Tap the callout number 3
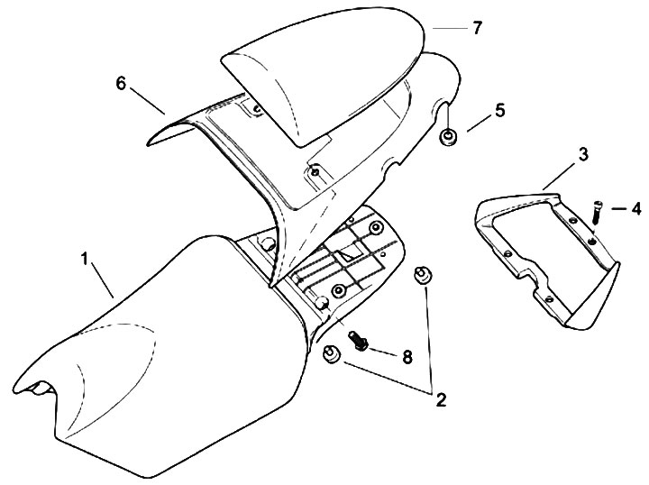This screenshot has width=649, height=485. coord(558,155)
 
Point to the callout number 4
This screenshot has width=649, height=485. coord(636,209)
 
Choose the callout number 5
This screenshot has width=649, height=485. coord(499,112)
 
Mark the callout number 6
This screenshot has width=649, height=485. coord(120,83)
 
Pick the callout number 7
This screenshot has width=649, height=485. coord(478,28)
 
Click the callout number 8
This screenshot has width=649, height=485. coord(407,357)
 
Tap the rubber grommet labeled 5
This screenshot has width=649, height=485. coord(446,139)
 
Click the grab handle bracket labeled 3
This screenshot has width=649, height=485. coord(541,252)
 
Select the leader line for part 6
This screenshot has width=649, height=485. coord(147,99)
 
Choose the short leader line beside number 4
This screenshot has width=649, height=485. coord(618,210)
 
